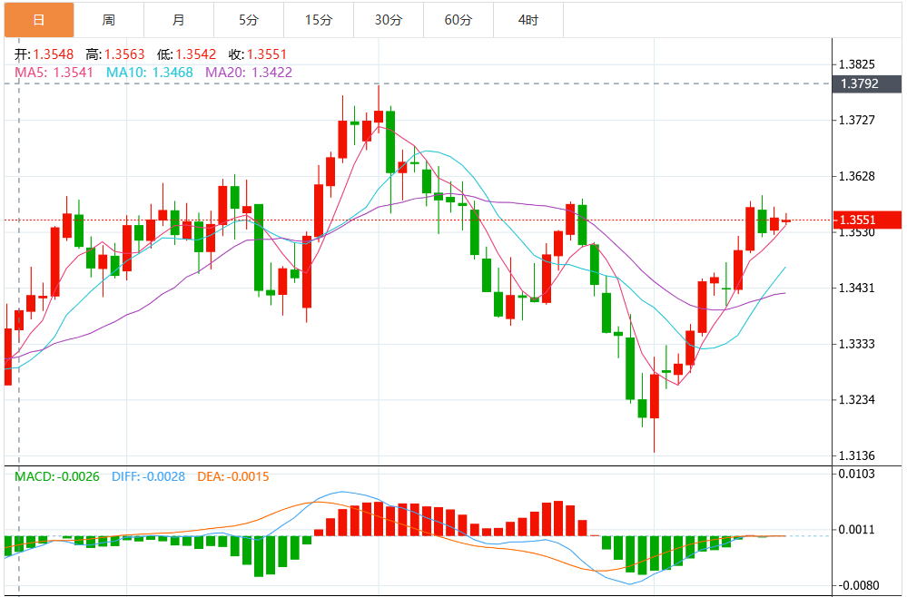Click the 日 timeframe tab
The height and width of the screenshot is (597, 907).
click(x=38, y=19)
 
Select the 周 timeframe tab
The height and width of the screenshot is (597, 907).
click(x=108, y=19)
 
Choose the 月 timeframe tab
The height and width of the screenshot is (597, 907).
click(x=178, y=19)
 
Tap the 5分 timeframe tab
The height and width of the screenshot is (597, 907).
click(x=248, y=19)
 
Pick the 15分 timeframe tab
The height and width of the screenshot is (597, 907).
click(x=318, y=19)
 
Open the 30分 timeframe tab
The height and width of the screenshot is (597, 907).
click(x=388, y=19)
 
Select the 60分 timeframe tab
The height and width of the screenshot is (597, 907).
click(x=458, y=19)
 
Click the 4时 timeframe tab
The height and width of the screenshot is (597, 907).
click(x=528, y=19)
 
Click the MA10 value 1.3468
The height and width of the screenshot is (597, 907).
click(x=173, y=72)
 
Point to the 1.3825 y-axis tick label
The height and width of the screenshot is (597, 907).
click(x=857, y=64)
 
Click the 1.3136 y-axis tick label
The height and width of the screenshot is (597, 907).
click(x=857, y=455)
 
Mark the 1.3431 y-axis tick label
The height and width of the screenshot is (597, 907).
click(x=857, y=288)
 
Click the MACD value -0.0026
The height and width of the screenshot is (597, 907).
click(x=78, y=476)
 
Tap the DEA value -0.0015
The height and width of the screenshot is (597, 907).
click(x=248, y=476)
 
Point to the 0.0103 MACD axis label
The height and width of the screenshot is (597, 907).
click(x=857, y=474)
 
